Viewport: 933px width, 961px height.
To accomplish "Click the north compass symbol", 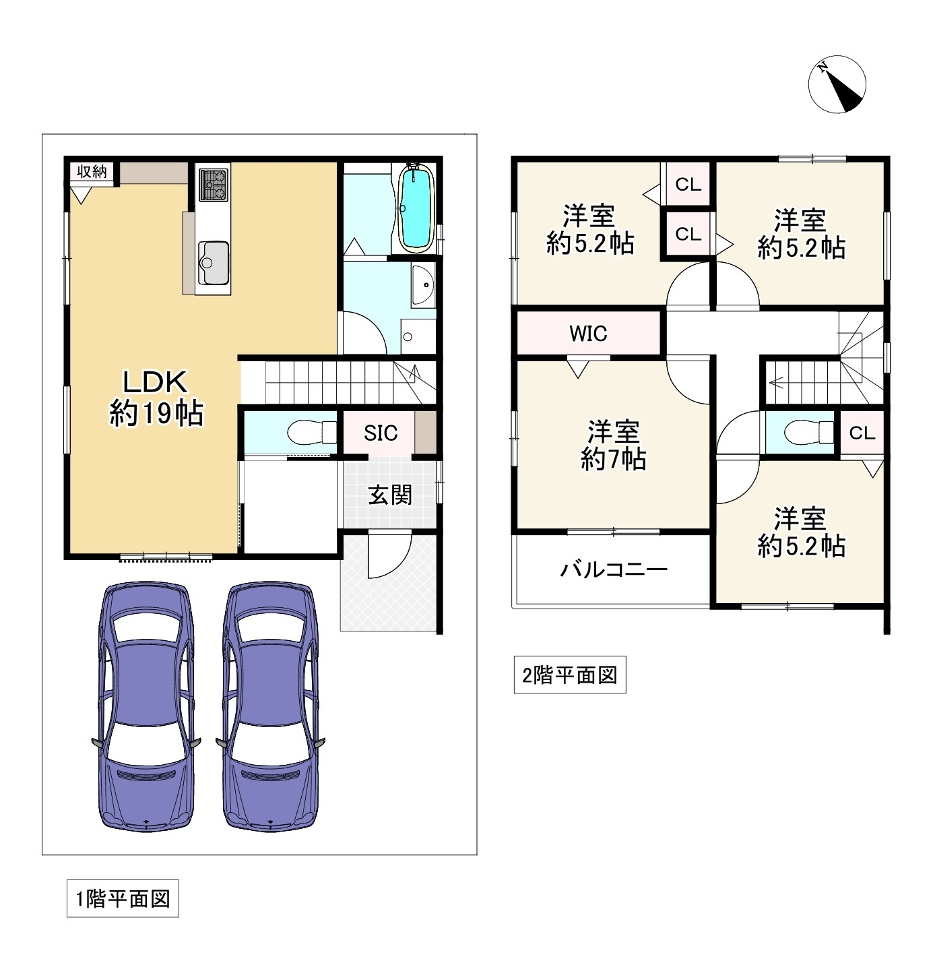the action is (837, 84).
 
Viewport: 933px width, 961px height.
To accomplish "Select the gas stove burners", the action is (214, 184).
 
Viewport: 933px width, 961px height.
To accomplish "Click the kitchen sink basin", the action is (214, 263).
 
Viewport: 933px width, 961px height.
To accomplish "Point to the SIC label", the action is (381, 433).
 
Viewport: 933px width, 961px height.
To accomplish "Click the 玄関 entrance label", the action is (390, 495).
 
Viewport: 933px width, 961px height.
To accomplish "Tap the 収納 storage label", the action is (92, 171).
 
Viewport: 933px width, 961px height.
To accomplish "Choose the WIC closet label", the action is (588, 334).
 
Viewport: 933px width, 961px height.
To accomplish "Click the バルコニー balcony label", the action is (614, 570).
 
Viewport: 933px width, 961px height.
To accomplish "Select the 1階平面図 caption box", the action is (123, 898).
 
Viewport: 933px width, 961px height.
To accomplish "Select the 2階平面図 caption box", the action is (570, 675).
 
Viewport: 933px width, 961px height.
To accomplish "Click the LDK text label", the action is (154, 381).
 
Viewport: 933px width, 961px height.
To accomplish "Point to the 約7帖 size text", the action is (613, 459).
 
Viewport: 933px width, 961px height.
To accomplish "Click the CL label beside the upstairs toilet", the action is (862, 433).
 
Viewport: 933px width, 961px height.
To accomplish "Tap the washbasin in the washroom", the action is (423, 285).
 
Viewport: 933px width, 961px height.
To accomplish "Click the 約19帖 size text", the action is (156, 413).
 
